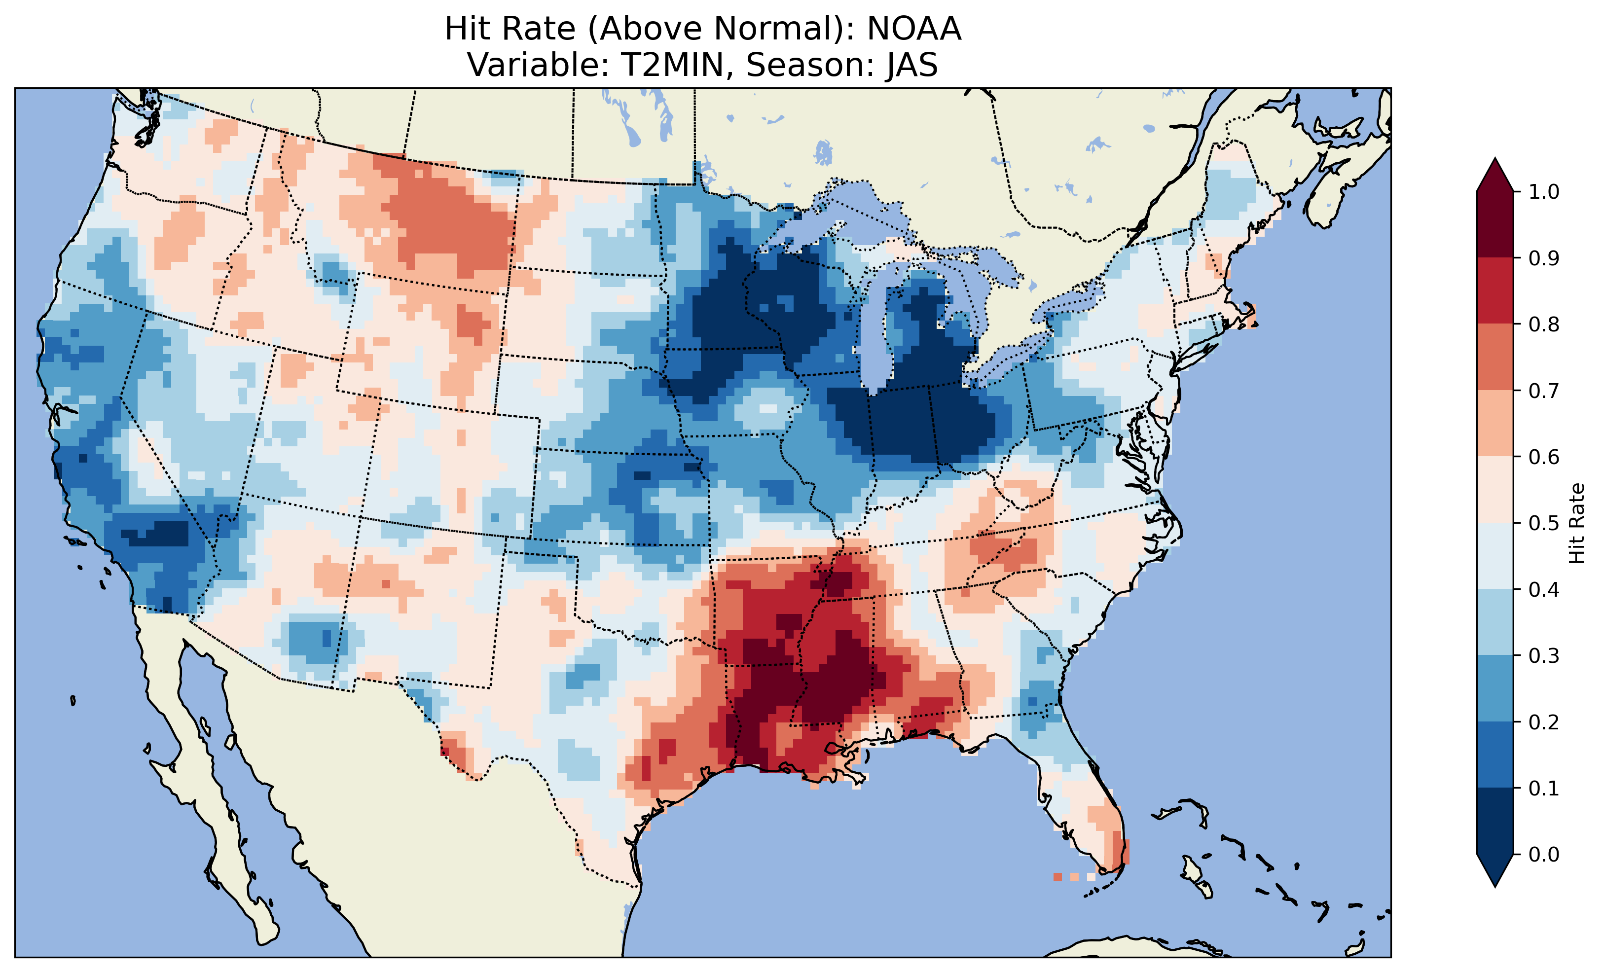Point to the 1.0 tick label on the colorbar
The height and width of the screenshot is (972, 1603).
click(1544, 192)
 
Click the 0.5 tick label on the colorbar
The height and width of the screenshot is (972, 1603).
click(1544, 523)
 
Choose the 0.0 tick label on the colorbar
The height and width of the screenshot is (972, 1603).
click(1544, 854)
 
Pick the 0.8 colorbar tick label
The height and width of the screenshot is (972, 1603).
click(1544, 324)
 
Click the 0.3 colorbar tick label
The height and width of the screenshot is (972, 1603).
click(1544, 656)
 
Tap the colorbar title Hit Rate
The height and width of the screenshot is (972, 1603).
click(1576, 523)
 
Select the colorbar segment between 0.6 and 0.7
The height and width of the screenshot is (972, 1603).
click(1495, 423)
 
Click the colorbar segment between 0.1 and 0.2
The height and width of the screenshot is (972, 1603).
click(1495, 755)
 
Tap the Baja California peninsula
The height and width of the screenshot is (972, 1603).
click(195, 748)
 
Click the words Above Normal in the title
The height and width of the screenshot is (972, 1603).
click(719, 29)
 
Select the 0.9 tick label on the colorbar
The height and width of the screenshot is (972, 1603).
click(1544, 258)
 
